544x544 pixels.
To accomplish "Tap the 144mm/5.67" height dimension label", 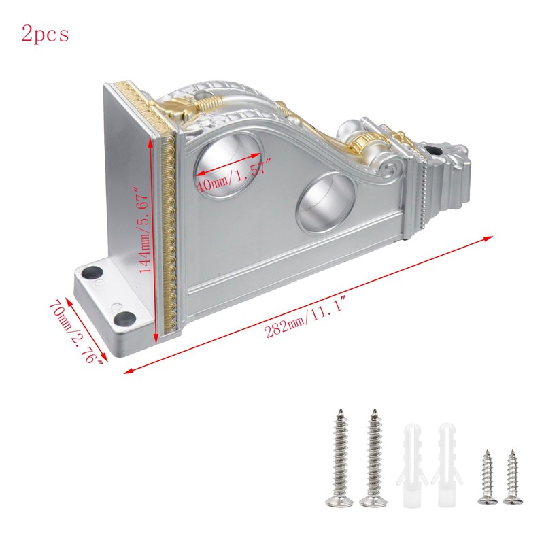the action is click(143, 229).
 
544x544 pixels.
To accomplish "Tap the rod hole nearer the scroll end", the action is click(327, 201).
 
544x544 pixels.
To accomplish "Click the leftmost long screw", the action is click(339, 458).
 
